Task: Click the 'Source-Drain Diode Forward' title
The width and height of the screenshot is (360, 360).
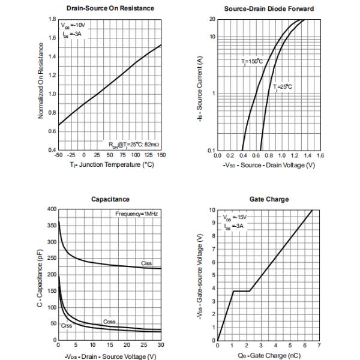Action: click(x=269, y=8)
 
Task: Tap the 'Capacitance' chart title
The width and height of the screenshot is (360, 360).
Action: click(x=110, y=199)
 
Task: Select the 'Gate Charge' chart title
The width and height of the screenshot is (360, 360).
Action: click(x=268, y=199)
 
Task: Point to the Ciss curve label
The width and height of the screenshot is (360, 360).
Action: click(x=146, y=263)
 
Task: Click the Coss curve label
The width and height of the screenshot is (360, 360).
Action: click(x=109, y=322)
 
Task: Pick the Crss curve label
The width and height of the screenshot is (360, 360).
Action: click(x=66, y=325)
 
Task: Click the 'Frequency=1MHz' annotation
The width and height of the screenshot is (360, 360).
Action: click(x=137, y=214)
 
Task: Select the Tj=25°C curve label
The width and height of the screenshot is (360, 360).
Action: click(x=282, y=86)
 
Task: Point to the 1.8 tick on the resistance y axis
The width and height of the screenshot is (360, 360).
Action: click(x=52, y=19)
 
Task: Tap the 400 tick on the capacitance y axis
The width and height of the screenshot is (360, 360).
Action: click(x=51, y=209)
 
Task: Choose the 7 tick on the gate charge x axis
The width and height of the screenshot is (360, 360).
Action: click(x=319, y=346)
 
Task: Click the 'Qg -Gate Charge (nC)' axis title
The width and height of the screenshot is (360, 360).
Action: click(x=268, y=356)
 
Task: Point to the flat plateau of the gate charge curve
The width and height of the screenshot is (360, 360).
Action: click(x=241, y=291)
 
